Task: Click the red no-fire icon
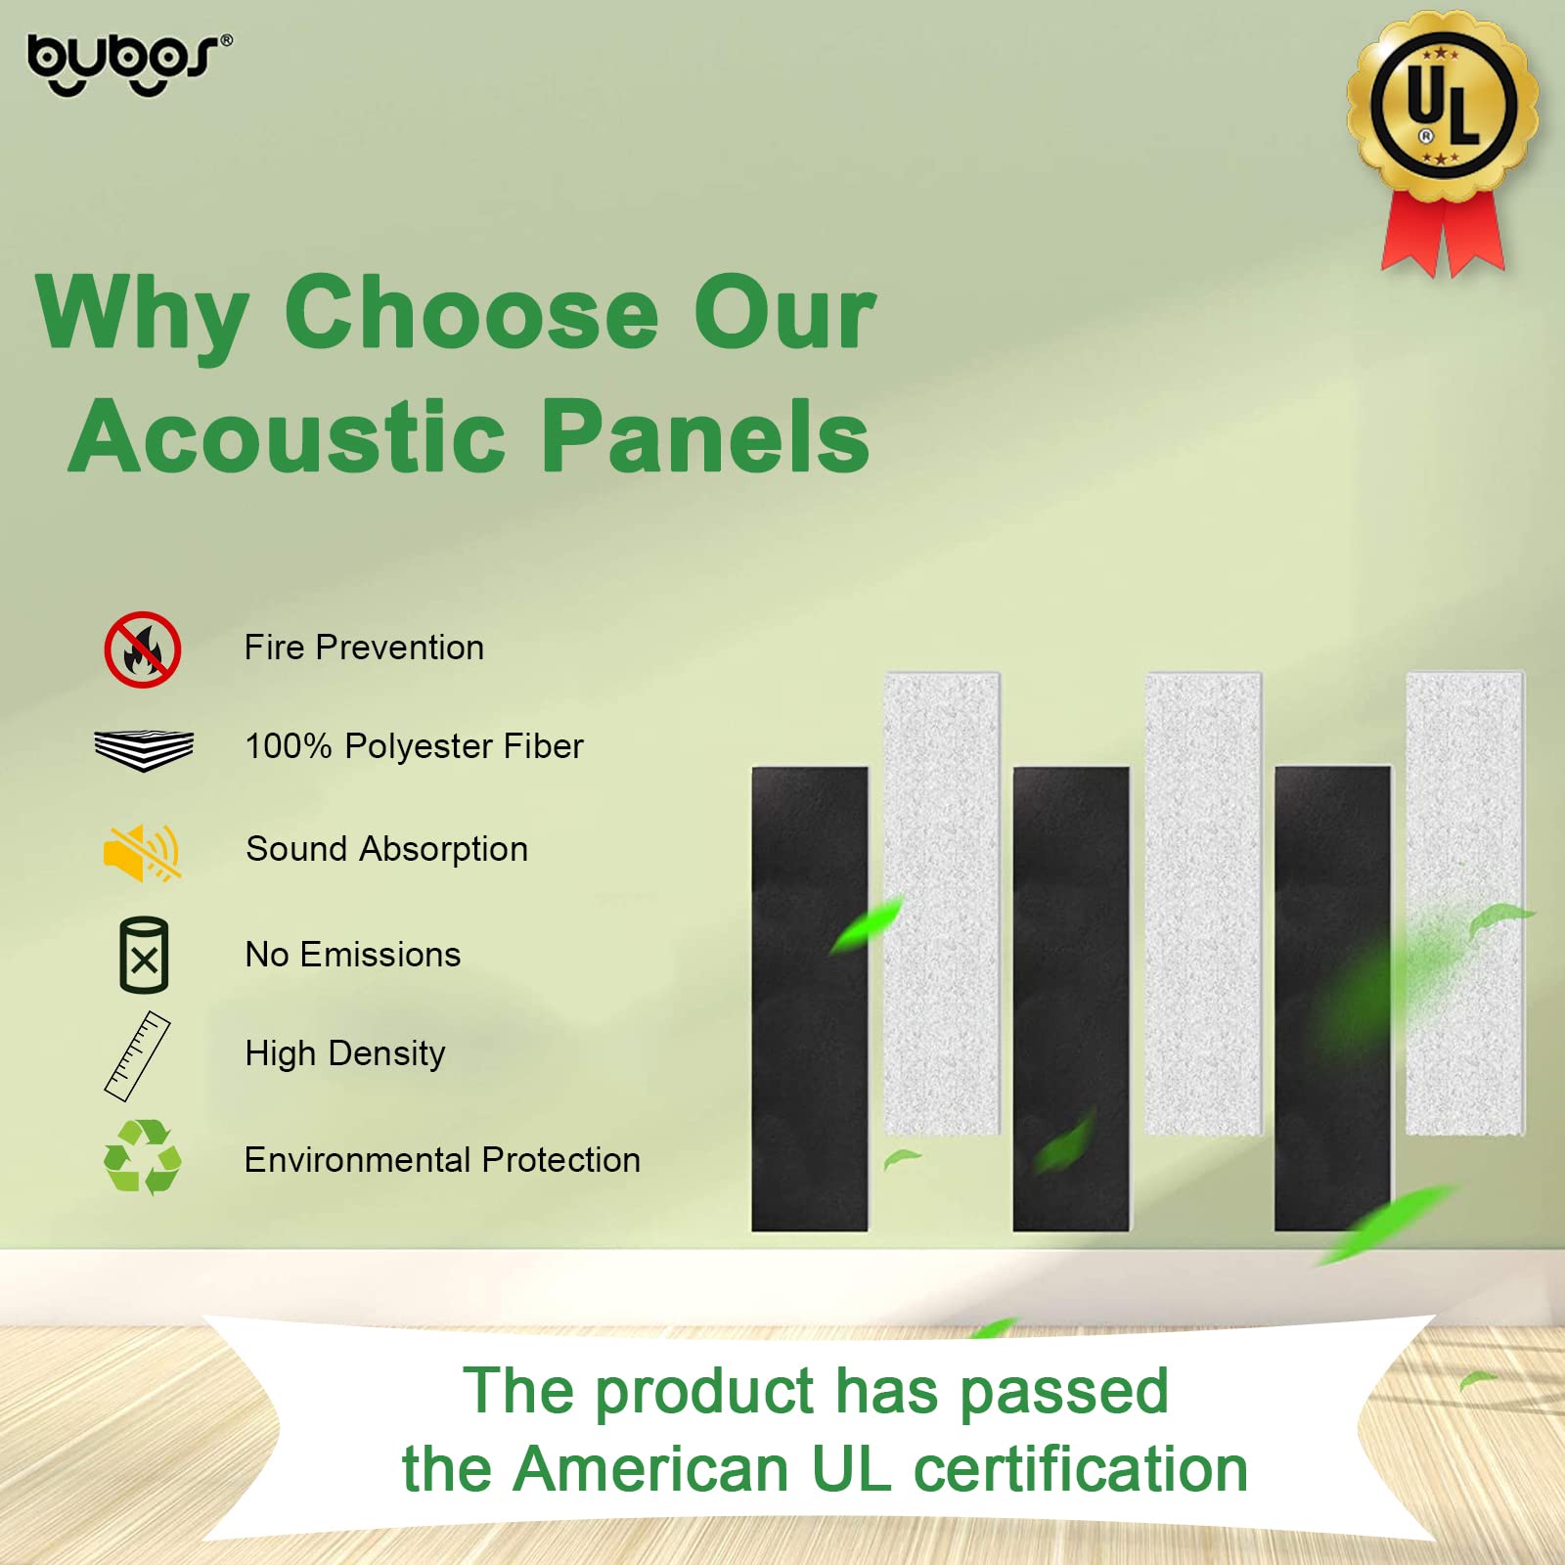143,649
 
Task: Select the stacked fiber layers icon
144,750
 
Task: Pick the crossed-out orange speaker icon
143,852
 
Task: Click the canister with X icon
144,956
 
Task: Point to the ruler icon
137,1056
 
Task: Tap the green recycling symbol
143,1157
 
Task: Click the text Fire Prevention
364,648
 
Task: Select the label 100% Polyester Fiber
414,746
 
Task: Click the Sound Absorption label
386,849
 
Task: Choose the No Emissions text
352,955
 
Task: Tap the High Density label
345,1053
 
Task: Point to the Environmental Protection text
442,1160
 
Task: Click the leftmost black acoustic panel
809,998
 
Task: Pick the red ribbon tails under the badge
1443,235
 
